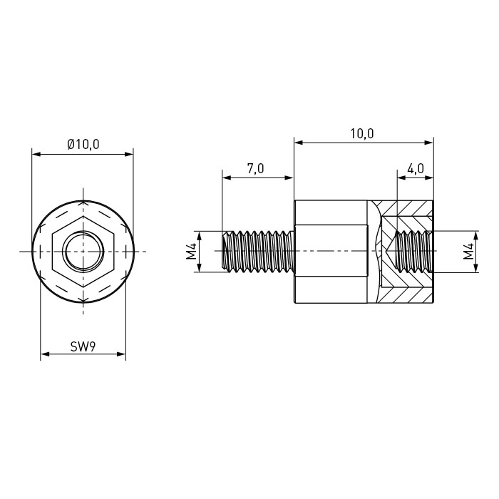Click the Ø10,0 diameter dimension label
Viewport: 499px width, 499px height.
83,145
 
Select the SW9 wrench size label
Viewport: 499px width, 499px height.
83,346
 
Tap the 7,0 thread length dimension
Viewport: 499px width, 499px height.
256,168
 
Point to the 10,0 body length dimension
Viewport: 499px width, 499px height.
362,134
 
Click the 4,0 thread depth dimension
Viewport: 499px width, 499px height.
416,168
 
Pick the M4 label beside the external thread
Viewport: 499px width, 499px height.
191,251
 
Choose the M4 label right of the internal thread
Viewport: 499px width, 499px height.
468,251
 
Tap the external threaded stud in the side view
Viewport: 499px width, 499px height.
257,252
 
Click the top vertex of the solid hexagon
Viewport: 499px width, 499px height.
83,216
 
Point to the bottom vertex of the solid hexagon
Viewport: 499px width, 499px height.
83,287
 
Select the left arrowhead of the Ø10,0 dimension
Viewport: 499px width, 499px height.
36,155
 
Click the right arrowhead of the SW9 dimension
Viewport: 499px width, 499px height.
122,354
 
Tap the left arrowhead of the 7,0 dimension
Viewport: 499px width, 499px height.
227,178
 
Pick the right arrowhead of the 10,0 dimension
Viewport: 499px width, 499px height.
429,143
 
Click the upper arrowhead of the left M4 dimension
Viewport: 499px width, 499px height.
199,235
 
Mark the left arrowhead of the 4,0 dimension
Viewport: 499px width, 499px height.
402,178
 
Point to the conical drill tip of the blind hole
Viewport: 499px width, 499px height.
390,252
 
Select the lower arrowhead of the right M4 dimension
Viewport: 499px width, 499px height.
476,268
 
